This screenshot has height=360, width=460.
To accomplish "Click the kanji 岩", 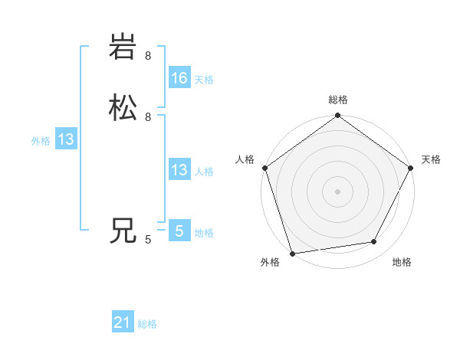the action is (x=123, y=47).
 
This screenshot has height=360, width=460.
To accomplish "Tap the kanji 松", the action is (x=123, y=108).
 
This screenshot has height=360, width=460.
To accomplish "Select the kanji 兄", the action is (x=123, y=230).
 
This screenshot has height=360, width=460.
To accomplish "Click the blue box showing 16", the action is (x=179, y=78).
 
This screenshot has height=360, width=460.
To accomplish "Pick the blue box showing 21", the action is (x=123, y=323).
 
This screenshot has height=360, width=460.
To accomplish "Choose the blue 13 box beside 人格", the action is (x=179, y=170).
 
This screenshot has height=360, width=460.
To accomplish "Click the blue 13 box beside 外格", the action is (x=66, y=139).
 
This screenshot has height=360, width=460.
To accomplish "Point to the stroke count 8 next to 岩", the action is (x=148, y=56).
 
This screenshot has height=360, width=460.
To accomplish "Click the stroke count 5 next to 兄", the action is (x=148, y=240).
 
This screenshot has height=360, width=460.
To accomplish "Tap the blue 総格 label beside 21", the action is (x=147, y=325).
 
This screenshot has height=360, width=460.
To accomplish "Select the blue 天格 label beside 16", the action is (x=204, y=80).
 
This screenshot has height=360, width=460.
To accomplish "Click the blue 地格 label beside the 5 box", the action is (x=204, y=233).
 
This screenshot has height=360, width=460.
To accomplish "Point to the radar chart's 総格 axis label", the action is (x=338, y=100).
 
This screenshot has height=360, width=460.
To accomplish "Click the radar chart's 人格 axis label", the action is (x=245, y=159).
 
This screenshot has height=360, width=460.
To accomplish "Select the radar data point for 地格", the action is (x=374, y=242).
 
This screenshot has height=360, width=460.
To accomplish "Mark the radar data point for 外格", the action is (x=293, y=253).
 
